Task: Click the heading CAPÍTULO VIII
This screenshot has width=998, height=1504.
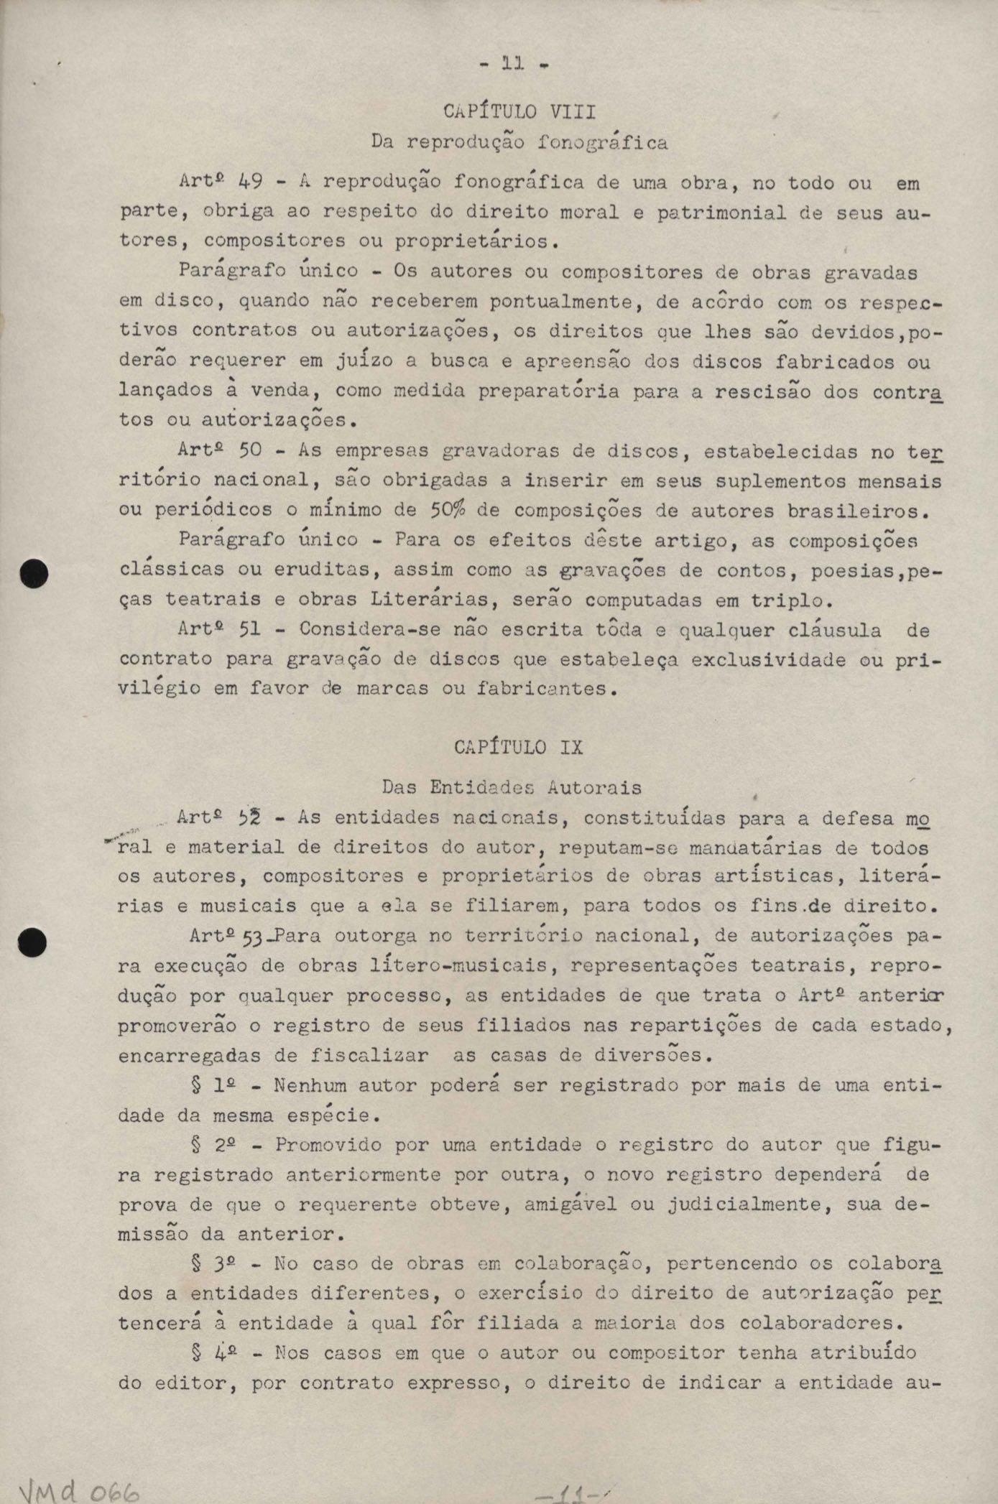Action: (519, 112)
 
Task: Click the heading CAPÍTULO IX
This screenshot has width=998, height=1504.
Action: (519, 747)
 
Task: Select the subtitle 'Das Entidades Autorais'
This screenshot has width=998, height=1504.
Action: (512, 787)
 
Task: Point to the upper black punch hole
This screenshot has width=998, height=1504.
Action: (34, 575)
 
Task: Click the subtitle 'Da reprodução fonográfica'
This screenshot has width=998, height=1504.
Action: (519, 142)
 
